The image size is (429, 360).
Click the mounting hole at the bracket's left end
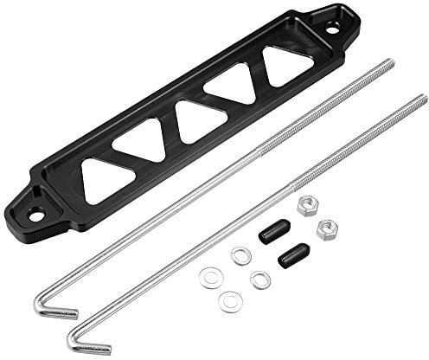click(x=36, y=211)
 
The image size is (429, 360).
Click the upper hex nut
click(x=304, y=206)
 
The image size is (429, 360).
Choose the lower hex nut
click(x=326, y=229)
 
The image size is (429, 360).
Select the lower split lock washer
click(x=259, y=280)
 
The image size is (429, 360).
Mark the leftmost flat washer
click(x=208, y=277)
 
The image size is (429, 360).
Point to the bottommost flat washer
click(x=230, y=302)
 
